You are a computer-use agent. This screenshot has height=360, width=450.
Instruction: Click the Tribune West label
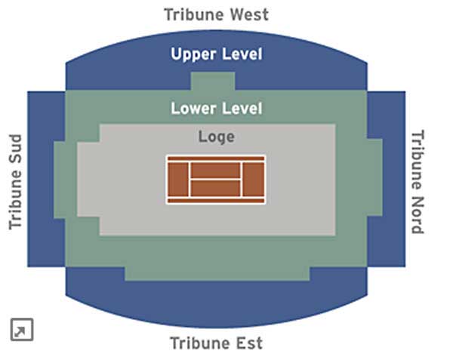216,14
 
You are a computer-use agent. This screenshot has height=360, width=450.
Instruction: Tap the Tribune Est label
216,343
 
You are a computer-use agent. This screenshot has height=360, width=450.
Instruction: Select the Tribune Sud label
16,182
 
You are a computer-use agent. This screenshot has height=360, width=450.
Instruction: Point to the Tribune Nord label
418,182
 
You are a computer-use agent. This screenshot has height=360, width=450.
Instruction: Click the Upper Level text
217,54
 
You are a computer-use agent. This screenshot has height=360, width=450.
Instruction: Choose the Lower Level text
217,109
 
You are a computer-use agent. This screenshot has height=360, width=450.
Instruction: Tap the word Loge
217,137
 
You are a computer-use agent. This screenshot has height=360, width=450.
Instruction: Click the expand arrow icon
22,330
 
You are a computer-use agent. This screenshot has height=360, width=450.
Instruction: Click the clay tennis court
216,180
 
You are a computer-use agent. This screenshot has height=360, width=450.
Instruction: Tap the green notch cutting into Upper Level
213,82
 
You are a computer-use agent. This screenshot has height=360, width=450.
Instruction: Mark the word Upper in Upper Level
193,54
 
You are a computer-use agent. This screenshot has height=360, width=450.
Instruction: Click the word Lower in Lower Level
193,109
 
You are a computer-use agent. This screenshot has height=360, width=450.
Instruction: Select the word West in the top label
249,14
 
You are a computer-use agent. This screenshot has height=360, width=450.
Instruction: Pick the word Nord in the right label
418,214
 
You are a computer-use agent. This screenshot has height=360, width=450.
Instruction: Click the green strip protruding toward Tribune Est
217,274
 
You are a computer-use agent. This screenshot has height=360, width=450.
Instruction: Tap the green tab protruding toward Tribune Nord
374,177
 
